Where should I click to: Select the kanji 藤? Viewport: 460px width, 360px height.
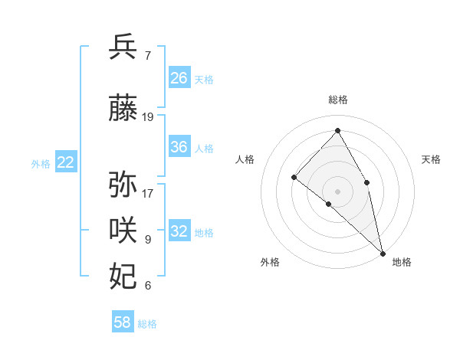[x=123, y=110]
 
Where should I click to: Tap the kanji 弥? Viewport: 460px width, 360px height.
[x=123, y=185]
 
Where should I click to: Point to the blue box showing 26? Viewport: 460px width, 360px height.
[x=179, y=78]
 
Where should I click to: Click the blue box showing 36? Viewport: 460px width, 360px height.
[x=179, y=147]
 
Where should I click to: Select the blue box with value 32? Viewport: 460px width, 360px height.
[x=179, y=231]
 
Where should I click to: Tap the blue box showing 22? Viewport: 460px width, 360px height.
[x=66, y=162]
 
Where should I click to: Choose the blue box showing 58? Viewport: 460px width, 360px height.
[x=123, y=322]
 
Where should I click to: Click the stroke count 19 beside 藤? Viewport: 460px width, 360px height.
[x=148, y=117]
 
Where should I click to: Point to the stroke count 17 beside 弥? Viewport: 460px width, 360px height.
[x=148, y=193]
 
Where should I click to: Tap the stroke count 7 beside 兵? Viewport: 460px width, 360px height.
[x=147, y=55]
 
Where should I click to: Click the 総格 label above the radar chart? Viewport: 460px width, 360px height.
[x=337, y=100]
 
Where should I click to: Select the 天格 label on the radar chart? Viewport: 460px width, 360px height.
[x=431, y=159]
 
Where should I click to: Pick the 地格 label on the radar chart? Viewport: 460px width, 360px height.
[x=402, y=262]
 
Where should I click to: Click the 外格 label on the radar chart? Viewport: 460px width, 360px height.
[x=270, y=262]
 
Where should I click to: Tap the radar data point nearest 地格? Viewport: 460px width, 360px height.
[x=383, y=253]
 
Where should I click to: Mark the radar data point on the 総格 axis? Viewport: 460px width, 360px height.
[x=337, y=130]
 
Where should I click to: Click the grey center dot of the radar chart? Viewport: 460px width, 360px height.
[x=337, y=191]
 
